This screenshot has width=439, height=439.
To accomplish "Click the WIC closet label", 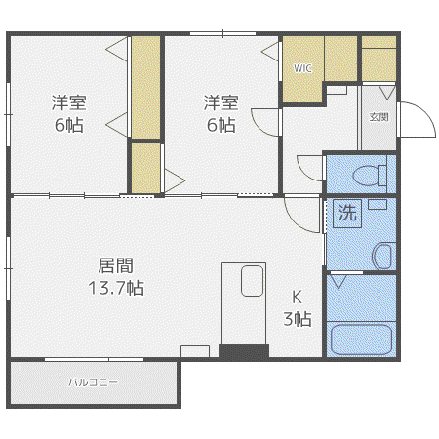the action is point(302,68).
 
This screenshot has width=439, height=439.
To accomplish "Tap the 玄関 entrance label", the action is point(379,117).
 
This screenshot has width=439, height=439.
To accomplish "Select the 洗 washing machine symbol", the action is point(347,214).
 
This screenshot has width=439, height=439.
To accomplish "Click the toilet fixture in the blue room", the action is point(370,176).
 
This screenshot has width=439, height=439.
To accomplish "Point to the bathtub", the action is point(361,339).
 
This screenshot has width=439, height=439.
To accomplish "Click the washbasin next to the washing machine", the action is point(383,256).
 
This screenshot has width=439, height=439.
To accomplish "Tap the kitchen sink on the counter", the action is point(252,281).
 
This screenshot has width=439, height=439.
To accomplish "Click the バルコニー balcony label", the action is point(93,382).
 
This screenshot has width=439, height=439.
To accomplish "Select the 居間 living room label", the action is point(116,265).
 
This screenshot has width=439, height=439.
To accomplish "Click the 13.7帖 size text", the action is point(116,288).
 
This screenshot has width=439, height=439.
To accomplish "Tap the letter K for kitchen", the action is point(297,297).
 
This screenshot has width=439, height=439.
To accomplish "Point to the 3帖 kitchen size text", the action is point(298,319).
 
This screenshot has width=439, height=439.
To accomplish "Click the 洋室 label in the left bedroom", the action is point(68,102).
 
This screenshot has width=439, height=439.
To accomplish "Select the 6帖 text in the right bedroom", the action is point(221,125).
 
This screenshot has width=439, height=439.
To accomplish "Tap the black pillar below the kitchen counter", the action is point(245,352).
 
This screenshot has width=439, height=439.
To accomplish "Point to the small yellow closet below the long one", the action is point(146,168).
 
